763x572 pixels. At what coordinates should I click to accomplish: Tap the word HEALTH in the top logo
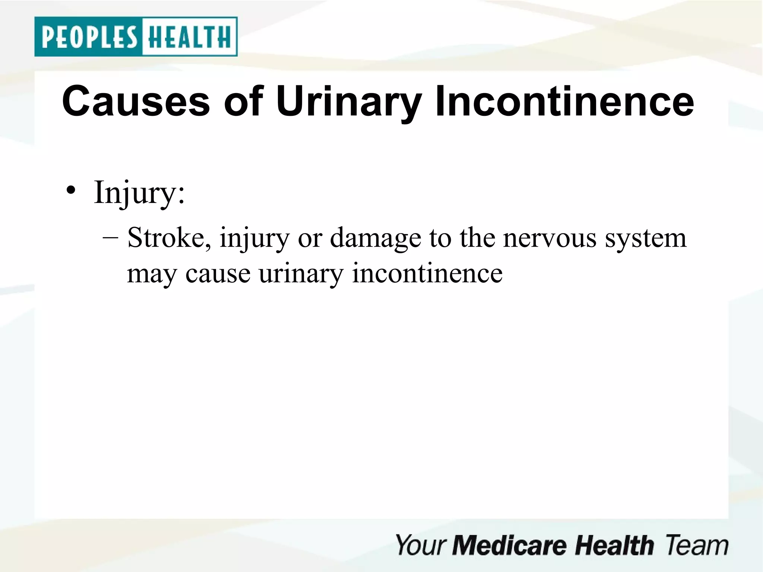[189, 37]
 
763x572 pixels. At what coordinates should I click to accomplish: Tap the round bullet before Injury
[71, 191]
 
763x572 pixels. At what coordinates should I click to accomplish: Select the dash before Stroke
[110, 237]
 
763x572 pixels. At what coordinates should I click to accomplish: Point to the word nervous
[550, 238]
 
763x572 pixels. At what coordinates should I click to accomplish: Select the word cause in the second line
[218, 274]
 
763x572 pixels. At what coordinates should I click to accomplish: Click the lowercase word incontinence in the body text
[427, 273]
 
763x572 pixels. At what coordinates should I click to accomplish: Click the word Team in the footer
[696, 545]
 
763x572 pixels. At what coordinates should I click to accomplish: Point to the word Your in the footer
[421, 545]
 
